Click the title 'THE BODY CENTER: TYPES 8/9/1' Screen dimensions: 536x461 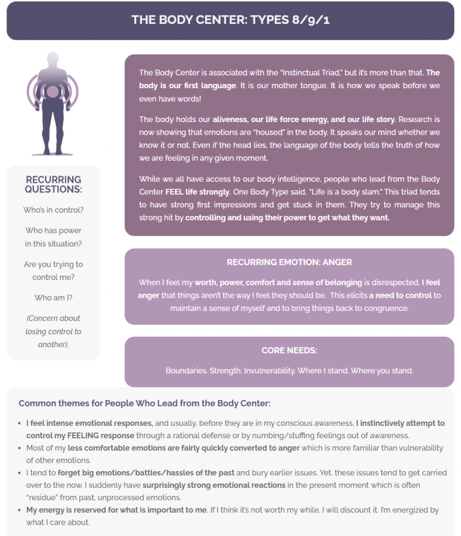click(x=230, y=20)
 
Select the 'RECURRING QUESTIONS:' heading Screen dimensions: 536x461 click(x=54, y=185)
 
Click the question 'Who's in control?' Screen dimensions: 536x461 click(x=54, y=210)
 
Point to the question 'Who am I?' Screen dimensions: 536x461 click(x=54, y=298)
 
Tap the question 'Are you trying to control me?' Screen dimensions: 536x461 click(x=54, y=271)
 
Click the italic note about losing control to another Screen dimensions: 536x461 click(x=54, y=331)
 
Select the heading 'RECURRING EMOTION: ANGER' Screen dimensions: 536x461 click(x=289, y=262)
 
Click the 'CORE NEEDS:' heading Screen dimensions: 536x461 click(x=289, y=350)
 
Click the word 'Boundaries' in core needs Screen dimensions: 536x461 click(x=186, y=370)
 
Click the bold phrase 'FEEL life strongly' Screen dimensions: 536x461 click(x=197, y=192)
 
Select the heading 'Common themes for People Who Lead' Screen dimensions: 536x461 click(x=144, y=403)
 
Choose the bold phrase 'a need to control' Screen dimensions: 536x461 click(x=400, y=295)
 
